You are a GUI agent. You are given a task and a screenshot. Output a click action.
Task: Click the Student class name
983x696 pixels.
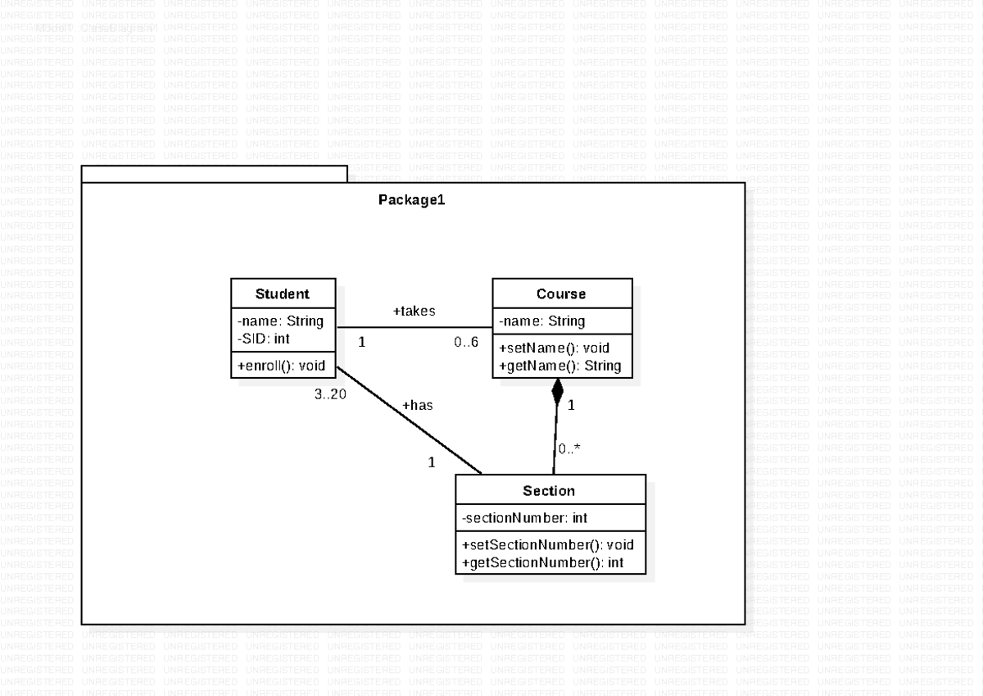tap(283, 294)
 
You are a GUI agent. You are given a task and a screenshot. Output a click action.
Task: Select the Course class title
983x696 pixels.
tap(561, 294)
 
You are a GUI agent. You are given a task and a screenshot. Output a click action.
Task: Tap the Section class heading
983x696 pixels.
tap(549, 491)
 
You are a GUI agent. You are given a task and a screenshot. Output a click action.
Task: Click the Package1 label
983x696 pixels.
tap(411, 200)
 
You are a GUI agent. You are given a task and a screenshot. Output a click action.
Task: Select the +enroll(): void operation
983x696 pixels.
tap(282, 365)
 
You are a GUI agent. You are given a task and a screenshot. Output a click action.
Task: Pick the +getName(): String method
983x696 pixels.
tap(559, 365)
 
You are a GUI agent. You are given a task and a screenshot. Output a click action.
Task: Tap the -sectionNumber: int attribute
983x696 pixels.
tap(524, 518)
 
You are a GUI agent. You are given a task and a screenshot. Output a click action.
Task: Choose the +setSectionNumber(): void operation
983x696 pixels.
tap(547, 545)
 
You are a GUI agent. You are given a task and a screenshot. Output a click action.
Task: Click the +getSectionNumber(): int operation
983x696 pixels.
tap(542, 562)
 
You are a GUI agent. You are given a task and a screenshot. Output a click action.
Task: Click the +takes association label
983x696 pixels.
tap(414, 311)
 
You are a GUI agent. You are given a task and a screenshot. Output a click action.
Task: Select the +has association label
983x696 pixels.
tap(417, 405)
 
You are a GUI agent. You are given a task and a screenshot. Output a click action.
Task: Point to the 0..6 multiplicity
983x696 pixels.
tap(466, 341)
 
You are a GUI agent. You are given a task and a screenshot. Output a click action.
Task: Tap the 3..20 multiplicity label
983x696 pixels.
tap(331, 393)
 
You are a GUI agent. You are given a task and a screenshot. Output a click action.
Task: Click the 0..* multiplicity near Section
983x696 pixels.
tap(569, 448)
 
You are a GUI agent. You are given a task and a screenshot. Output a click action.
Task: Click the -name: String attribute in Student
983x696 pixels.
tap(280, 321)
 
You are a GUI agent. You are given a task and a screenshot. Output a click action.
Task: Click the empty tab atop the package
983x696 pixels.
tap(214, 174)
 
